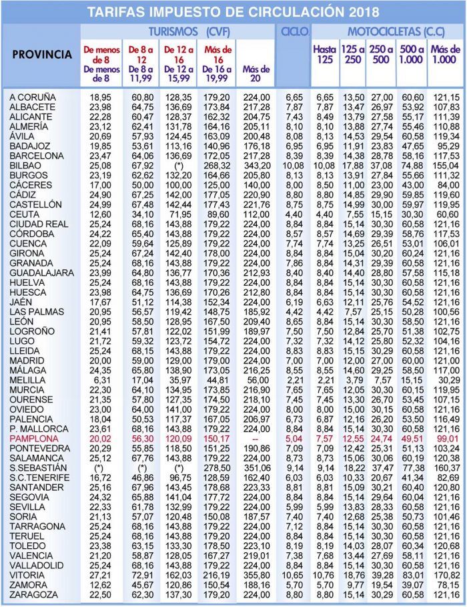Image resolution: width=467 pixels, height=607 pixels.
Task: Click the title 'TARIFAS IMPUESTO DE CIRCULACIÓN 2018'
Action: tap(233, 12)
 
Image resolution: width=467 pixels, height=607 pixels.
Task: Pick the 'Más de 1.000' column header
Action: tap(445, 55)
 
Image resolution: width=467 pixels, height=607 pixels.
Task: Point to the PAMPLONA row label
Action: tap(34, 439)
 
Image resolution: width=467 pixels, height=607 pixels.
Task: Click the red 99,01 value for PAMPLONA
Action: tap(445, 439)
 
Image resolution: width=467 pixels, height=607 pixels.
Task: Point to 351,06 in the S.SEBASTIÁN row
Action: tap(257, 468)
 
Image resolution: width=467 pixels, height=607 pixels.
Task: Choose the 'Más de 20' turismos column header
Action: tap(257, 69)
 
